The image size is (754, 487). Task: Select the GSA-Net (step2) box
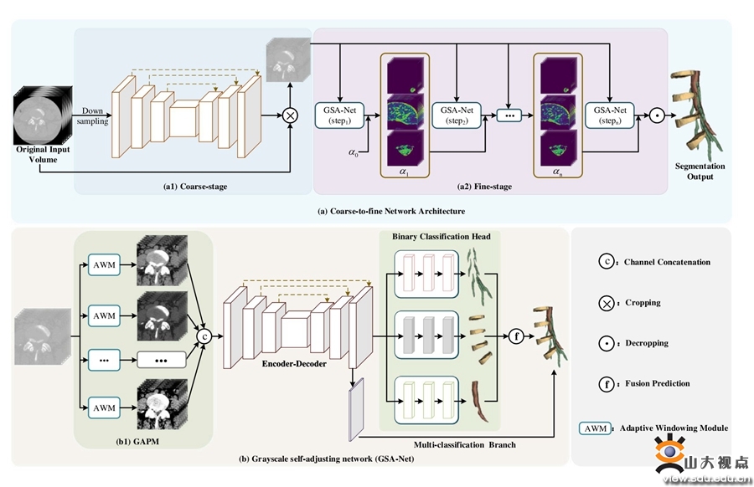(453, 115)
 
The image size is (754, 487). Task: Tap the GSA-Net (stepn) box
(609, 115)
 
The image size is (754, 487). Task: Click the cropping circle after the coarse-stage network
(290, 115)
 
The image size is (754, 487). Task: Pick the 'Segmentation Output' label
(700, 172)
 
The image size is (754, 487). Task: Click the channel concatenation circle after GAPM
(201, 336)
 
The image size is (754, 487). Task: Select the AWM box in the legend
(594, 428)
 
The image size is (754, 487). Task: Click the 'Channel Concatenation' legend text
(667, 262)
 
